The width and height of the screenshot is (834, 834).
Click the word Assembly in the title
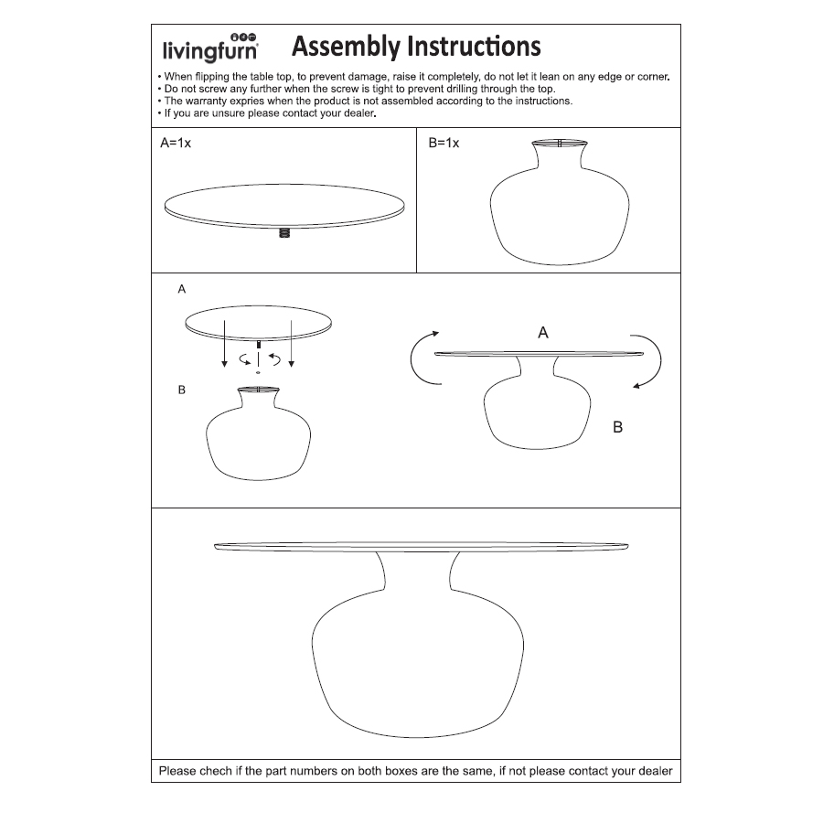(345, 46)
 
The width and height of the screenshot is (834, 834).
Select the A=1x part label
(176, 144)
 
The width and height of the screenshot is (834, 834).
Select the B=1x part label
(444, 144)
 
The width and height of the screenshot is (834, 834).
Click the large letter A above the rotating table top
(543, 333)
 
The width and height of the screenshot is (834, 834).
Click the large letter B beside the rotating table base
(617, 427)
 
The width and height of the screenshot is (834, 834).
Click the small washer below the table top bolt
(259, 373)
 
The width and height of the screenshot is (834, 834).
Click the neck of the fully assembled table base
(416, 576)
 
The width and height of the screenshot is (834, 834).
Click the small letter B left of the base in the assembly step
(182, 390)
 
